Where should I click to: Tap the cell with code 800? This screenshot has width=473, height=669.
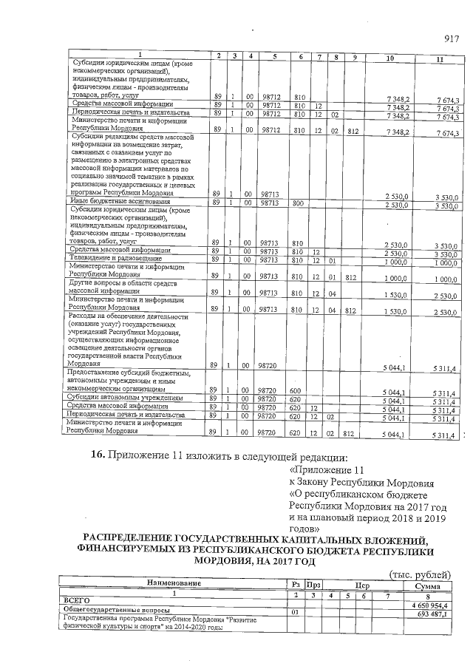(300, 202)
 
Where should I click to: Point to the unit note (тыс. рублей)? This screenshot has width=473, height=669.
(418, 574)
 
